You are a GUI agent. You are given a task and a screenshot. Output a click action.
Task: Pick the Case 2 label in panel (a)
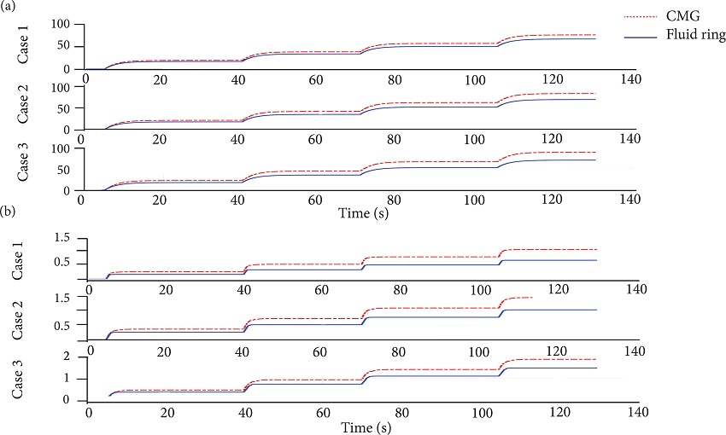tap(24, 107)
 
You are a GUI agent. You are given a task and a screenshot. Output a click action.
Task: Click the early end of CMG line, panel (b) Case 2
tap(532, 298)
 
